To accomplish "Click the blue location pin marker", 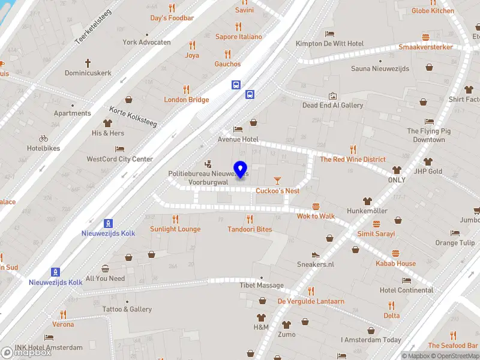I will [241, 170].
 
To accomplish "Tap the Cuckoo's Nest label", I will [277, 191].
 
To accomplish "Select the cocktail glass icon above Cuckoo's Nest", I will [277, 180].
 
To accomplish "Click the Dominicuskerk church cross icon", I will [88, 62].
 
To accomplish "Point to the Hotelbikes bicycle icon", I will [43, 138].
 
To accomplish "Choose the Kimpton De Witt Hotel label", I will [329, 44].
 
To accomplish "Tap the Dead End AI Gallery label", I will [332, 105].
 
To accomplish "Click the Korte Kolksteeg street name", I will [133, 116].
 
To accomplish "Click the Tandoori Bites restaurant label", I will [250, 229].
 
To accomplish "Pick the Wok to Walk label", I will [316, 216].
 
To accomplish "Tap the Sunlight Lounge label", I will [175, 229].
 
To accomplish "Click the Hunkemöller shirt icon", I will [367, 201].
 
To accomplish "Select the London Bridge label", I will [187, 100].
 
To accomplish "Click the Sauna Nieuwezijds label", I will [380, 68].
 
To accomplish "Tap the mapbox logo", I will [26, 352].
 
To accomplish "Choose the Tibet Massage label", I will [262, 285].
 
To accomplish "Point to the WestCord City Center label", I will [120, 159].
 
